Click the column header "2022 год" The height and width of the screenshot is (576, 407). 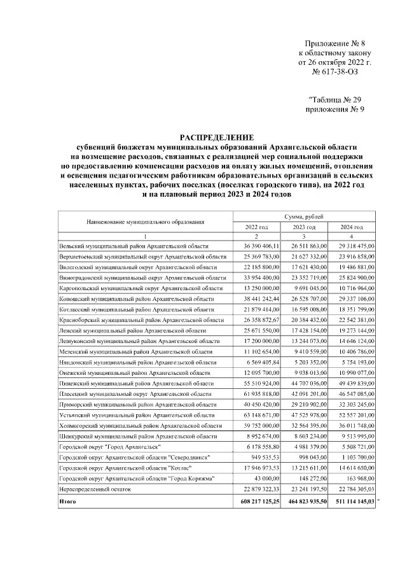[x=256, y=227]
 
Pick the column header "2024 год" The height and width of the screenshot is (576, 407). [x=352, y=227]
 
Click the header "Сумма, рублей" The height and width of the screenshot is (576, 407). [x=304, y=217]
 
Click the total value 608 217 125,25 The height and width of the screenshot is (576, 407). [x=257, y=502]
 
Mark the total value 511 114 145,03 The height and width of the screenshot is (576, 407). [x=352, y=502]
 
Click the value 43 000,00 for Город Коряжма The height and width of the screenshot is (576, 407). [x=266, y=478]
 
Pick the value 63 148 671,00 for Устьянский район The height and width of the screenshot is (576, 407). [x=258, y=415]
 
